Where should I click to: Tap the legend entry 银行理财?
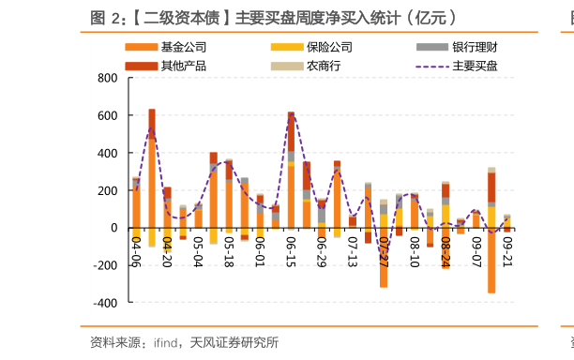(x=475, y=47)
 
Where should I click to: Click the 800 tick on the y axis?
(x=108, y=78)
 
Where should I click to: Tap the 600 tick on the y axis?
(x=108, y=115)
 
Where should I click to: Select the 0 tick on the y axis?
(x=114, y=228)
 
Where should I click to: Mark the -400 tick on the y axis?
(x=106, y=303)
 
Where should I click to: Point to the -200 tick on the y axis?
(x=106, y=265)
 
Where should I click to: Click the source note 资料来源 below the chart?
(x=183, y=342)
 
